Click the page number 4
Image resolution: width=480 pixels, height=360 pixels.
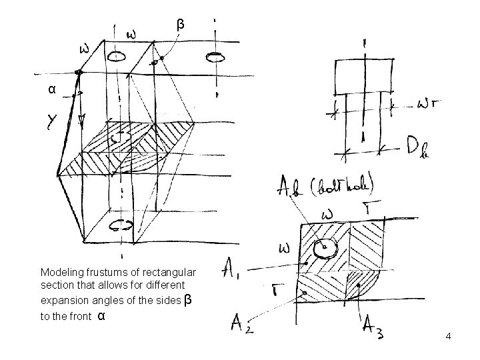[x=449, y=337]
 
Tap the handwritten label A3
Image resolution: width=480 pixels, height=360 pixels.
[x=374, y=328]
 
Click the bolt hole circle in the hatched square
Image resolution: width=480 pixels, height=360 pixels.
[x=325, y=248]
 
